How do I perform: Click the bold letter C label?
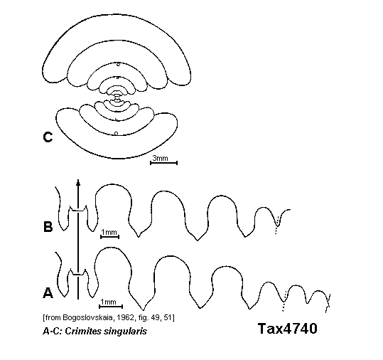48,137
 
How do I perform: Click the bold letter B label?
48,226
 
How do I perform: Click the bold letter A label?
48,292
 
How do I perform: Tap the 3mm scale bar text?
161,158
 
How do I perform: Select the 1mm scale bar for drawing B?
109,236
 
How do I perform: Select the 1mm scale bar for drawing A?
111,307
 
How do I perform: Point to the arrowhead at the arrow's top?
78,182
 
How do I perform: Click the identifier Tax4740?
288,329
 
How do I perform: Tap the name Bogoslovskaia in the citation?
89,317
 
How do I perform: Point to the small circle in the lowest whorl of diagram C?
117,133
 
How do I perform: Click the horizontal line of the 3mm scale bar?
163,163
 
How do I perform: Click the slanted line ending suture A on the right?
328,303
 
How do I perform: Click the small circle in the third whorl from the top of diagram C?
118,65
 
